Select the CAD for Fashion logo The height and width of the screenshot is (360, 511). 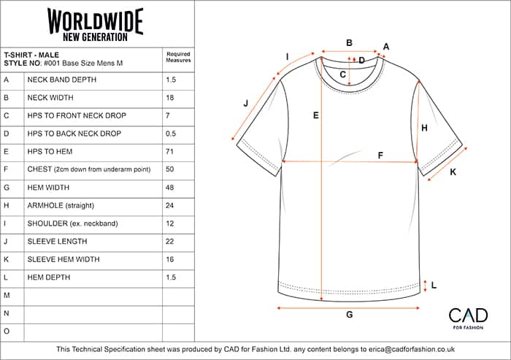pyautogui.click(x=468, y=318)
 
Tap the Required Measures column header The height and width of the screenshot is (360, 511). pyautogui.click(x=178, y=57)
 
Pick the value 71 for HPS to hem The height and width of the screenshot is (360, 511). pyautogui.click(x=169, y=151)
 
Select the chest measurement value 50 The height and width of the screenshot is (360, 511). pyautogui.click(x=169, y=169)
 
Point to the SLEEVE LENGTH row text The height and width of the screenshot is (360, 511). pyautogui.click(x=58, y=241)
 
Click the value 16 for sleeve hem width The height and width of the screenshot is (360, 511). pyautogui.click(x=170, y=259)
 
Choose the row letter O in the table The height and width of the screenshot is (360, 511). pyautogui.click(x=7, y=332)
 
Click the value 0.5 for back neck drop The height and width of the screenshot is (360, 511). pyautogui.click(x=170, y=134)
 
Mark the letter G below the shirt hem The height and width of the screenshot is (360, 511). pyautogui.click(x=350, y=315)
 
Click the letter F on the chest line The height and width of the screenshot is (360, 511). pyautogui.click(x=380, y=156)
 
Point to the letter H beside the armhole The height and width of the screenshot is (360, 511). pyautogui.click(x=424, y=128)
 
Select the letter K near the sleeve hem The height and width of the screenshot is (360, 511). pyautogui.click(x=453, y=172)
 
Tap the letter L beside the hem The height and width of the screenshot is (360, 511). pyautogui.click(x=434, y=286)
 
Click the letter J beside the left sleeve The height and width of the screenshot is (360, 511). pyautogui.click(x=246, y=104)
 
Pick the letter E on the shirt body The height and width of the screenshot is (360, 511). pyautogui.click(x=316, y=115)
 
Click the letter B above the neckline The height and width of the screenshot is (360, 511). pyautogui.click(x=350, y=42)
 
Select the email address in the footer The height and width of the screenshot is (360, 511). pyautogui.click(x=412, y=349)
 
